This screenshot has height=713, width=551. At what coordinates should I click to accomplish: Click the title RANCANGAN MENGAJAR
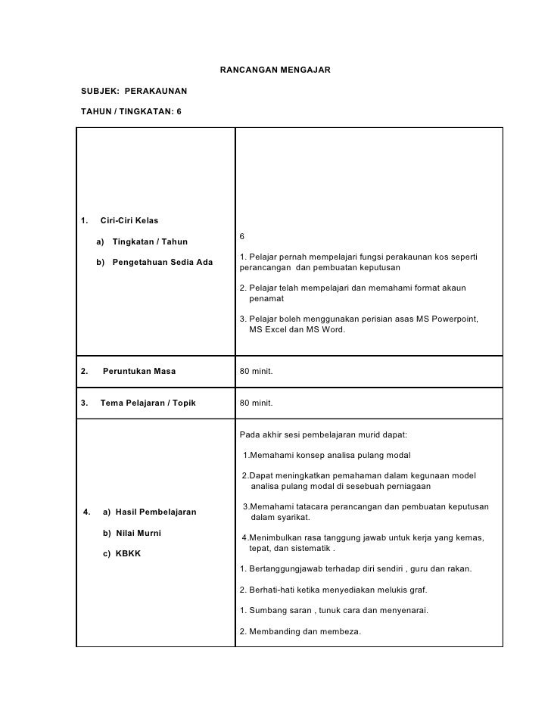(x=275, y=70)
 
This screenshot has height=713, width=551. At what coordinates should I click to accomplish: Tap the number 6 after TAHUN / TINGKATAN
(x=179, y=112)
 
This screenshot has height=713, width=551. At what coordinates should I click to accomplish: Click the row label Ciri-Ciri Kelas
(x=129, y=220)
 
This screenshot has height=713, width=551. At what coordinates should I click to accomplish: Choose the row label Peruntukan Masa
(x=139, y=372)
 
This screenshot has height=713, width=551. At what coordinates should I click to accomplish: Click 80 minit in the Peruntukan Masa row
(x=256, y=372)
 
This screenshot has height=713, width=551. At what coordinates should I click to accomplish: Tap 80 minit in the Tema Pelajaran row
(x=256, y=403)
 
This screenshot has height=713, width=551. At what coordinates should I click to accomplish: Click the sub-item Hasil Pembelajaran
(x=154, y=512)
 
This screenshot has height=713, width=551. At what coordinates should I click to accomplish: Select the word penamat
(x=266, y=299)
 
